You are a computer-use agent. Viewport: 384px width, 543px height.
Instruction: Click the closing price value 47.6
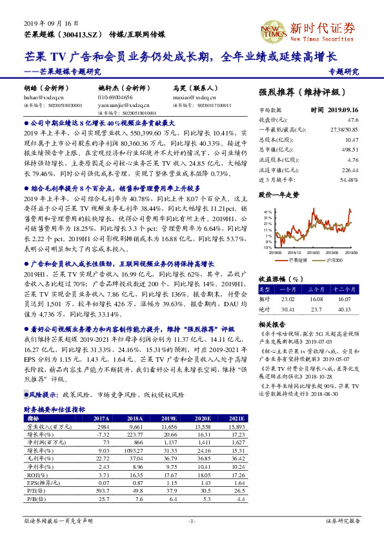[352, 120]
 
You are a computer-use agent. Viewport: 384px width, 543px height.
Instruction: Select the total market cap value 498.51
[350, 148]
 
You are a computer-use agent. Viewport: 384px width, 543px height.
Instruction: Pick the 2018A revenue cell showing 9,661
[134, 427]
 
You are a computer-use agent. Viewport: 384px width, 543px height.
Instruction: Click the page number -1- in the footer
[191, 520]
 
